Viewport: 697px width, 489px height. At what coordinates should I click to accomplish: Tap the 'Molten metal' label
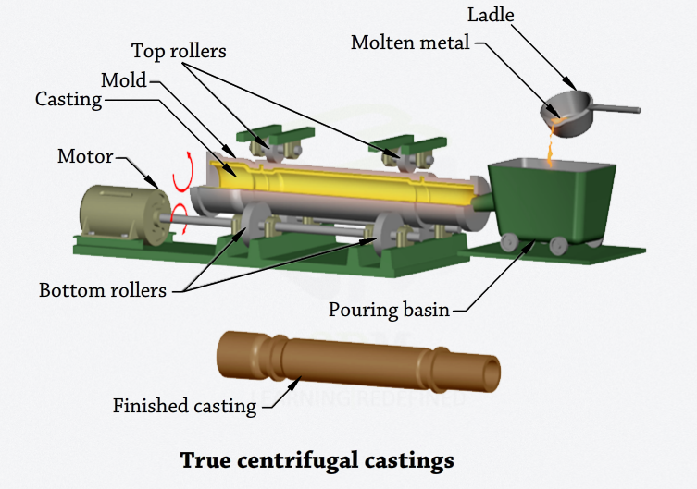pos(410,43)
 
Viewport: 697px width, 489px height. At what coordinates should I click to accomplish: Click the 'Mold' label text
pos(124,80)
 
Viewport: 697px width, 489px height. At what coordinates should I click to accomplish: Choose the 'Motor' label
pos(85,156)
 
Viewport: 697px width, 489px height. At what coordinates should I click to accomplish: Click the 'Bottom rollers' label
pos(103,290)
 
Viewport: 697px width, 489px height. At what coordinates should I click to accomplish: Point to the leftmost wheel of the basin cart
pos(508,242)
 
